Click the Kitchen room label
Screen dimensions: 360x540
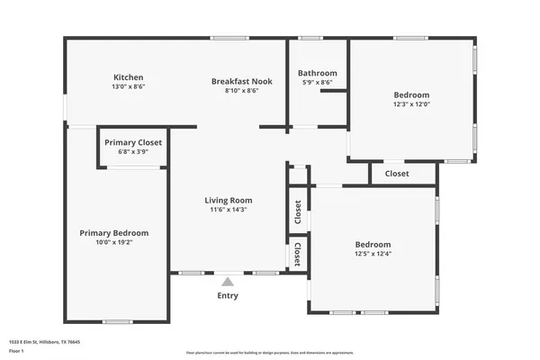128,77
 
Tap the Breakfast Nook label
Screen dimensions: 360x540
242,81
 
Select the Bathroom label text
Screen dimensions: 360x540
317,73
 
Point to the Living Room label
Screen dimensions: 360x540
228,200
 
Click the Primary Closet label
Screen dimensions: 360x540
133,142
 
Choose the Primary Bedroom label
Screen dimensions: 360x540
113,232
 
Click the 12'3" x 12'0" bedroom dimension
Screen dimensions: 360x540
411,104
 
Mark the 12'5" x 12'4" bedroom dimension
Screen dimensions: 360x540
373,254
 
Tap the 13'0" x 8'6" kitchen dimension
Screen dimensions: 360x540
128,87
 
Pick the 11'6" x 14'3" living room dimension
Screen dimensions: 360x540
228,210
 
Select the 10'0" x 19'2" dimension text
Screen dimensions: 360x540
113,242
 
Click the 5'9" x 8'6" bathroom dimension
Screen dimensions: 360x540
317,83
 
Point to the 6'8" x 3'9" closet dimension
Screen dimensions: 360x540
133,152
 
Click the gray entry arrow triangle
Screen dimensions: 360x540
228,281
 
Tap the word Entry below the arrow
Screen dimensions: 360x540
228,295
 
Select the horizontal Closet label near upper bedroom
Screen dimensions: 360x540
397,173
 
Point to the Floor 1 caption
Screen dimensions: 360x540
15,350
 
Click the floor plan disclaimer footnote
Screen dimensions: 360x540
270,352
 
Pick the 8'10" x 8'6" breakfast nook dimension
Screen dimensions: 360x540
242,91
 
